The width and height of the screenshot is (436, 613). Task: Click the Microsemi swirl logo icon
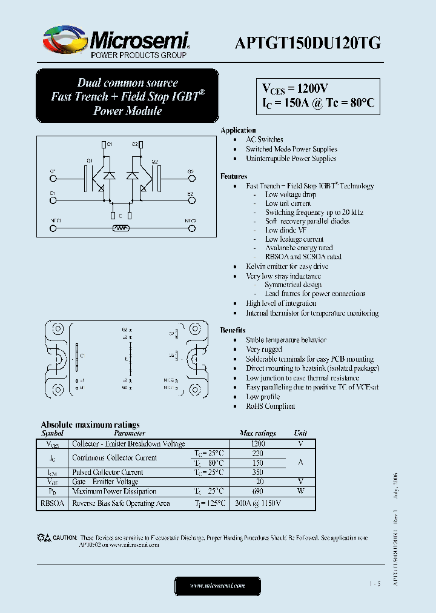point(63,41)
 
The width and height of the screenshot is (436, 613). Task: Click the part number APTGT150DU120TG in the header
point(308,43)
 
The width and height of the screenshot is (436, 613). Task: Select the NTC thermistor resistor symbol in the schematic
point(121,228)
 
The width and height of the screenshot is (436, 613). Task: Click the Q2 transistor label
point(154,161)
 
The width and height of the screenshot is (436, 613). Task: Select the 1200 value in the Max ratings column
point(257,443)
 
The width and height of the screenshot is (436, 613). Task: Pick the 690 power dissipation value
point(257,491)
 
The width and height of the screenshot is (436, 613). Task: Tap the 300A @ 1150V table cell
point(257,503)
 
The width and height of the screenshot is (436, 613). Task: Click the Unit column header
point(300,433)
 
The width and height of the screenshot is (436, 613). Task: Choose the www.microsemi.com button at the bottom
point(217,586)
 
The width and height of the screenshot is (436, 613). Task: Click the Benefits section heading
point(233,330)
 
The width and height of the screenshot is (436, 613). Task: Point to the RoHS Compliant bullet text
point(270,406)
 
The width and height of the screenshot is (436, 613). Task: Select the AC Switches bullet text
point(264,139)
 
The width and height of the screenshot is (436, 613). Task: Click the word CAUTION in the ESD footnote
point(65,538)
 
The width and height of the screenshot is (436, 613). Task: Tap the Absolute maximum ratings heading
point(90,425)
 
